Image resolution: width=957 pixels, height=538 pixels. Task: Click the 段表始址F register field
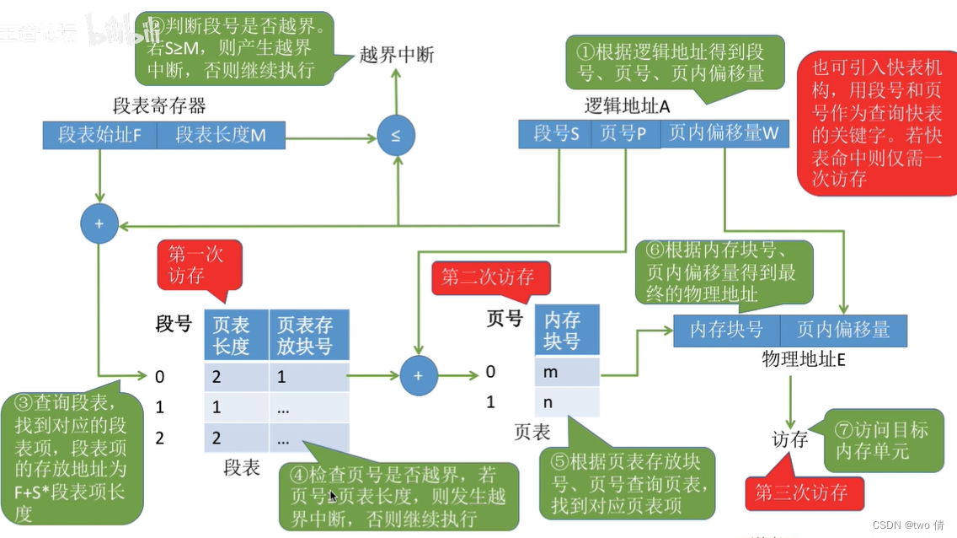[99, 135]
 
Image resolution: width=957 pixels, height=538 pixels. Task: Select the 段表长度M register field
[221, 135]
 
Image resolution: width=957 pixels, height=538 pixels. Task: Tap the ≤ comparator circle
[395, 135]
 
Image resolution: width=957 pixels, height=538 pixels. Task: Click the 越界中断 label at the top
[396, 56]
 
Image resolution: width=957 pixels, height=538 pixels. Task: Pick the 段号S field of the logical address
[556, 133]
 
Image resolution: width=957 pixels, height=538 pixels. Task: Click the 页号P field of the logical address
[624, 133]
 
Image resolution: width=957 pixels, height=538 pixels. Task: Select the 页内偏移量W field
[723, 133]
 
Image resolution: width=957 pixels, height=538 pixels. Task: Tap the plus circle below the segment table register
[99, 225]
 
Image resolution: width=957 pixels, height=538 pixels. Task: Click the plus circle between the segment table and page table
[418, 375]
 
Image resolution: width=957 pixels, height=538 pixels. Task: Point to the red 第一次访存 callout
[199, 265]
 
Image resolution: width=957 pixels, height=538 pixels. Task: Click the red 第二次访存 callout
[488, 277]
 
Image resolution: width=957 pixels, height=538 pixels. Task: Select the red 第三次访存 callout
[805, 493]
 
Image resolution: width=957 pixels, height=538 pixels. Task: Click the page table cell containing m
[567, 371]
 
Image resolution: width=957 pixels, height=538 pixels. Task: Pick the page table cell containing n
[567, 401]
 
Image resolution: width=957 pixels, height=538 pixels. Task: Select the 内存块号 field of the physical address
[726, 330]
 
